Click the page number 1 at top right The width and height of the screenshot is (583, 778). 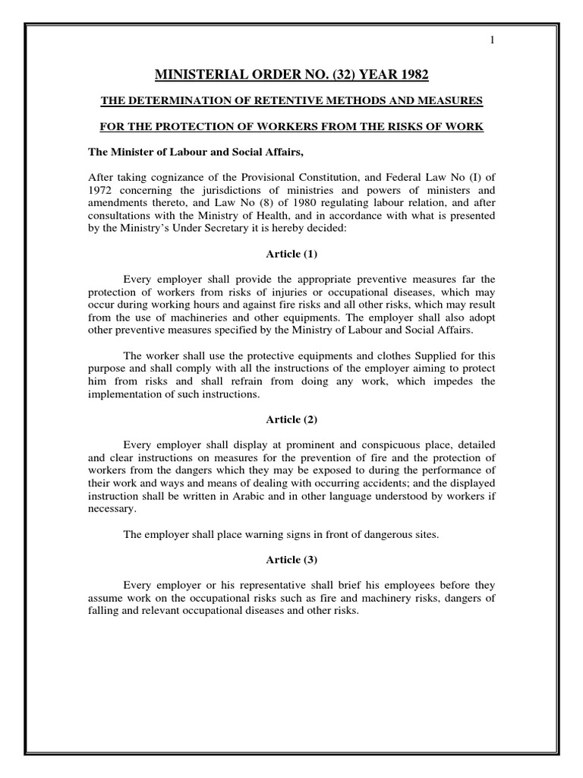tap(493, 40)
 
